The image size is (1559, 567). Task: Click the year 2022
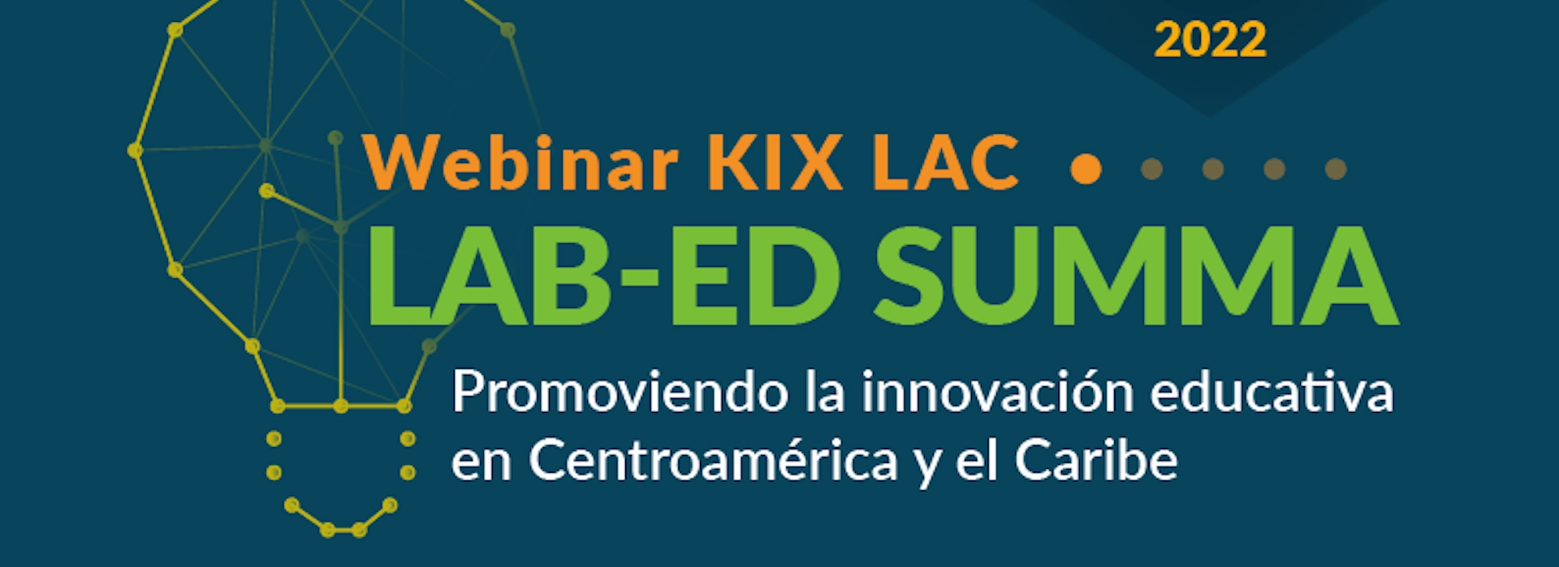(x=1210, y=40)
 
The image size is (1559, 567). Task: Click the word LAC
(x=945, y=163)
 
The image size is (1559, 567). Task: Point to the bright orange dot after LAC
(x=1086, y=169)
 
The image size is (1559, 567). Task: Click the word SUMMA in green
(x=1136, y=276)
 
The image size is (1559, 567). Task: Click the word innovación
(x=997, y=393)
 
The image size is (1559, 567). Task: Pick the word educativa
(x=1272, y=393)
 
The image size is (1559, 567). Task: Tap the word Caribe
(x=1096, y=461)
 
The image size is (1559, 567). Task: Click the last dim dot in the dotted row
(x=1336, y=169)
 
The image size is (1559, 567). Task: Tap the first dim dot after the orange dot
(x=1151, y=169)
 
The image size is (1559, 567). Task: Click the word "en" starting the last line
(x=482, y=466)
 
